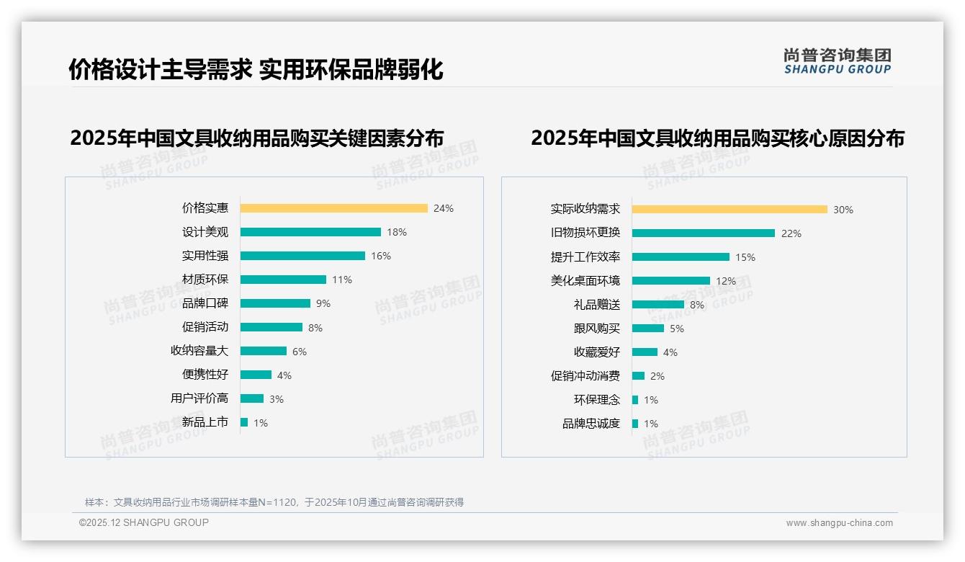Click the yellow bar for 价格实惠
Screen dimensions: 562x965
tap(333, 208)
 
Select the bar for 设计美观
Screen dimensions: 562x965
tap(310, 232)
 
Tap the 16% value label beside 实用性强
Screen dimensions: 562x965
tap(381, 256)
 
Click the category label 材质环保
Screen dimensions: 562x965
tap(205, 280)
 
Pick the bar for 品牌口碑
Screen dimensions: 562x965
tap(275, 303)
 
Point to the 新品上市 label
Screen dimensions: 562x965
tap(205, 422)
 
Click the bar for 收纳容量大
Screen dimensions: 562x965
tap(263, 351)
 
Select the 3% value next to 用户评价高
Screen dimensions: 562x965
tap(277, 399)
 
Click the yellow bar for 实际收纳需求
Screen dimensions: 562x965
tap(730, 209)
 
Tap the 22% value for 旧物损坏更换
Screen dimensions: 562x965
tap(791, 233)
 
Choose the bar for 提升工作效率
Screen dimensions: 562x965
tap(681, 257)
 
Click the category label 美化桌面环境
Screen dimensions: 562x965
tap(585, 281)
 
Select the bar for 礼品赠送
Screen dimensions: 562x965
tap(657, 304)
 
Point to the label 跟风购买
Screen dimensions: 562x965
tap(596, 329)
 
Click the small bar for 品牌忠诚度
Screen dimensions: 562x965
tap(635, 424)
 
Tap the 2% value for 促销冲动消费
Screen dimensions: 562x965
tap(657, 376)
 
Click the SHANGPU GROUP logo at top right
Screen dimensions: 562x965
tap(837, 61)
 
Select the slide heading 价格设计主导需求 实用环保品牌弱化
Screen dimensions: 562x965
tap(256, 70)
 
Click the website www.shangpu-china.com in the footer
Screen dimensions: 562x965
tap(839, 523)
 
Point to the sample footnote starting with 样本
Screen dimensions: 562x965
tap(274, 502)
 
